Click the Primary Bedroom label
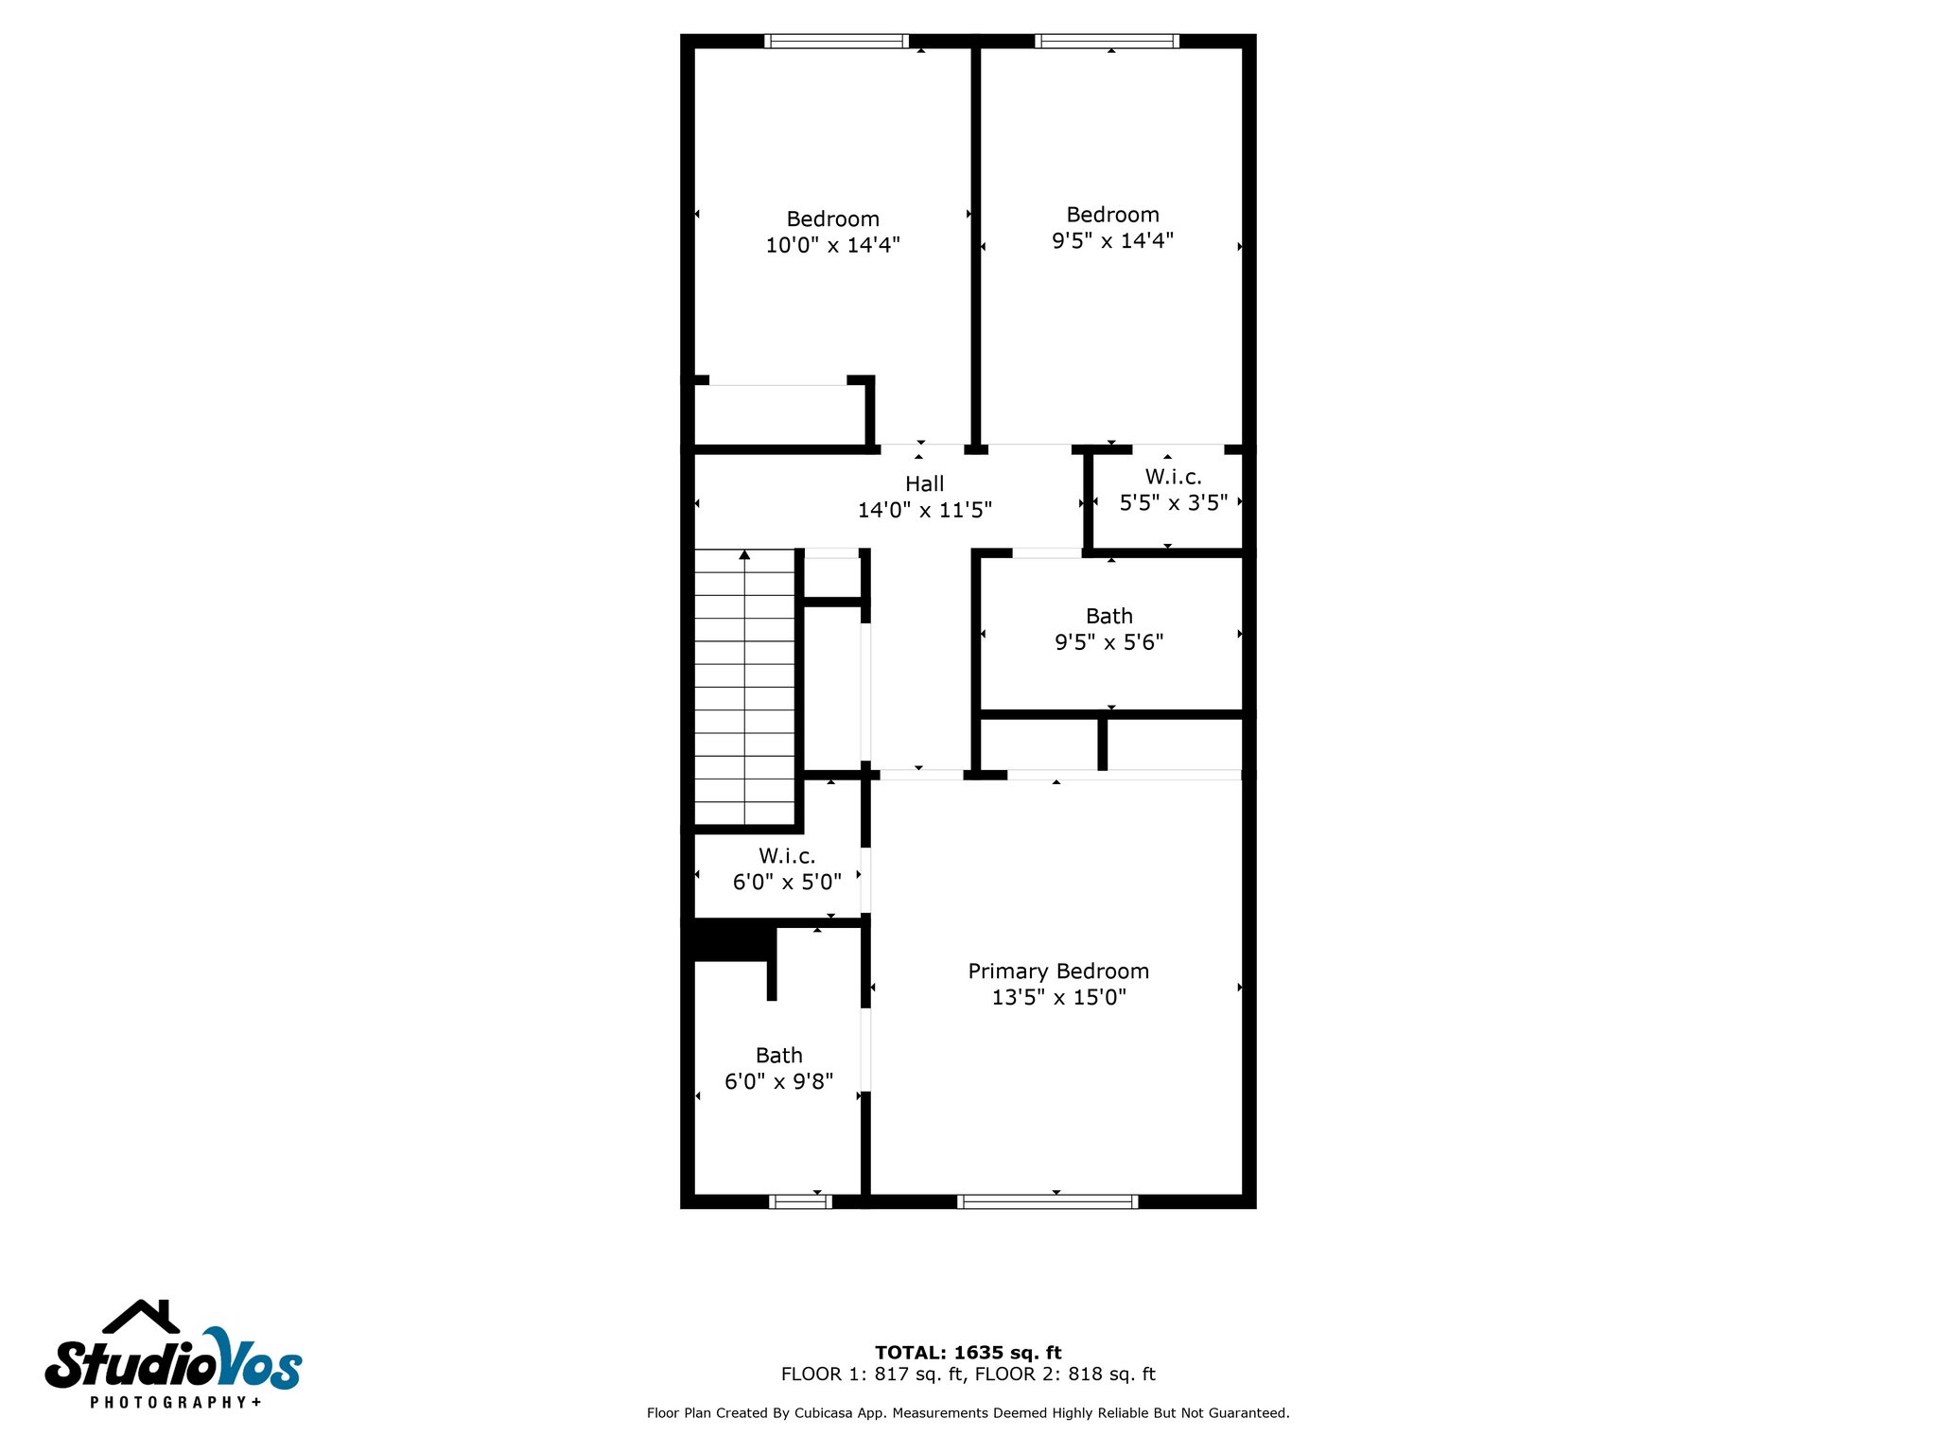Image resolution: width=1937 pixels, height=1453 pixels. coord(1058,972)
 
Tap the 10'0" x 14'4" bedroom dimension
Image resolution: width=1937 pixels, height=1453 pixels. coord(832,245)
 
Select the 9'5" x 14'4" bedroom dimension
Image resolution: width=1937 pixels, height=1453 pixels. coord(1112,241)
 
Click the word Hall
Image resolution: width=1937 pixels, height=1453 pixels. coord(924,484)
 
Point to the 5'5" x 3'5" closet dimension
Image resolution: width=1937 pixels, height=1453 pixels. coord(1173,503)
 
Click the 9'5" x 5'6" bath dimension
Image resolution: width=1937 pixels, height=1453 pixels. coord(1108,642)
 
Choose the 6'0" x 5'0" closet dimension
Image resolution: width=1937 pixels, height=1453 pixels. coord(787,883)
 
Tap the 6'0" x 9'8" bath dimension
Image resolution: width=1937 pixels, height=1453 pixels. coord(778,1081)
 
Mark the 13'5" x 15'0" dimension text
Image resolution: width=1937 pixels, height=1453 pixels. coord(1058,997)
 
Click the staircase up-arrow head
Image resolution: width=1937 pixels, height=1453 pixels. coord(744,554)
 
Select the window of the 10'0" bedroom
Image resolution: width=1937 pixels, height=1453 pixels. coord(836,41)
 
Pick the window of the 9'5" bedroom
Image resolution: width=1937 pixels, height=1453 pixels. coord(1107,41)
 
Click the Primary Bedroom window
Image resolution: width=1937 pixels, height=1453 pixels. coord(1047,1202)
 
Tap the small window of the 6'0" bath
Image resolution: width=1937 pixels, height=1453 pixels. coord(800,1202)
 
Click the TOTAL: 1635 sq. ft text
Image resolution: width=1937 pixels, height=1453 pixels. coord(968,1353)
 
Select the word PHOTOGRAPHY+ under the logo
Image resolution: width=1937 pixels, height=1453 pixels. coord(175,1402)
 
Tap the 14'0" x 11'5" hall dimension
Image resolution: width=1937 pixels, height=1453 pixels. coord(924,511)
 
